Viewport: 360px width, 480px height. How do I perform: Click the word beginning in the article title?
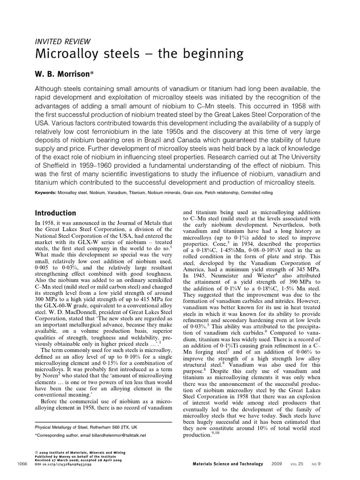point(217,54)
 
